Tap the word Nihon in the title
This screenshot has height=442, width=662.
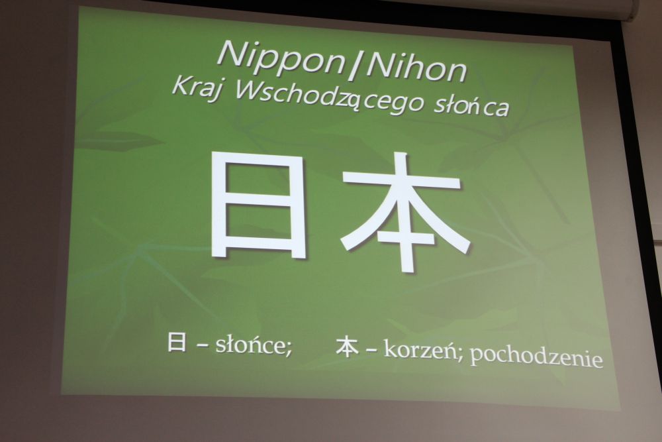416,67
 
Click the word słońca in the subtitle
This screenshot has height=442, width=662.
471,105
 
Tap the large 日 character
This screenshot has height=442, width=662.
258,204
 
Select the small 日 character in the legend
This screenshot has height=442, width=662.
177,342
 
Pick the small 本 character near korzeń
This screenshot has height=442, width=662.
348,347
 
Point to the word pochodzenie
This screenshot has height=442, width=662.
536,357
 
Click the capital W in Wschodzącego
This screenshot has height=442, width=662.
249,89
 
